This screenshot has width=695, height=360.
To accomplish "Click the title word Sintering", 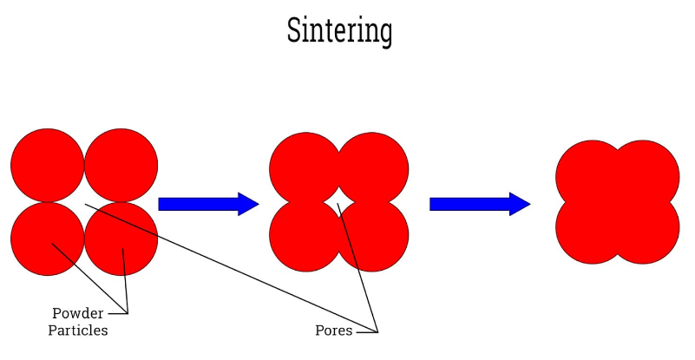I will [x=339, y=31].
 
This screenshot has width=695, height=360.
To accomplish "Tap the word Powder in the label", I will [x=77, y=313].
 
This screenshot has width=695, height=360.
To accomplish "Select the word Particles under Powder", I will [x=77, y=331].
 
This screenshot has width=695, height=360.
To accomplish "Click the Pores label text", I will [x=333, y=331].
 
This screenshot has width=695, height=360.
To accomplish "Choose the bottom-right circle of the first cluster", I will [x=121, y=239].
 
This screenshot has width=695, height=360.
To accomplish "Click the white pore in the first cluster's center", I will [x=84, y=202].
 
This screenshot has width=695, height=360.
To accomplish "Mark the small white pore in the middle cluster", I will [x=338, y=202].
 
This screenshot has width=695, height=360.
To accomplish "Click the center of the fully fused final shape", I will [x=617, y=202].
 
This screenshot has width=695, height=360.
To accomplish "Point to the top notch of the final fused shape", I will [x=617, y=145].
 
